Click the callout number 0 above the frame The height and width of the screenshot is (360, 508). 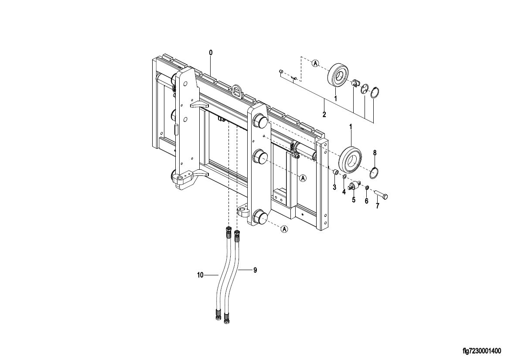coord(211,52)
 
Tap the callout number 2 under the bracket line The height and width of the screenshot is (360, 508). coord(324,114)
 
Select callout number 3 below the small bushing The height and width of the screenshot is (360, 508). coord(334,187)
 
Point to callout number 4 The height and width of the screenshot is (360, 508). coord(344,192)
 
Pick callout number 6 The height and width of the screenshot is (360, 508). coord(366,202)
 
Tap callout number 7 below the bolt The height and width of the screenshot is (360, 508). coord(377,206)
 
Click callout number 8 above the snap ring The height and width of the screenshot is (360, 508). coord(375,153)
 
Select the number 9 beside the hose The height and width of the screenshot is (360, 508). coord(255,270)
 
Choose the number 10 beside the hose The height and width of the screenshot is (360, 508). coord(200,275)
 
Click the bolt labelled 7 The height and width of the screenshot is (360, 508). coord(381,195)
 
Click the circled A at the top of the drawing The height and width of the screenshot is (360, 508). coord(315,63)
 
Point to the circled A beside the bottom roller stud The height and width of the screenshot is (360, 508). coord(284,229)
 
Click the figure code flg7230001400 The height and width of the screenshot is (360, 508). coord(482,351)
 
